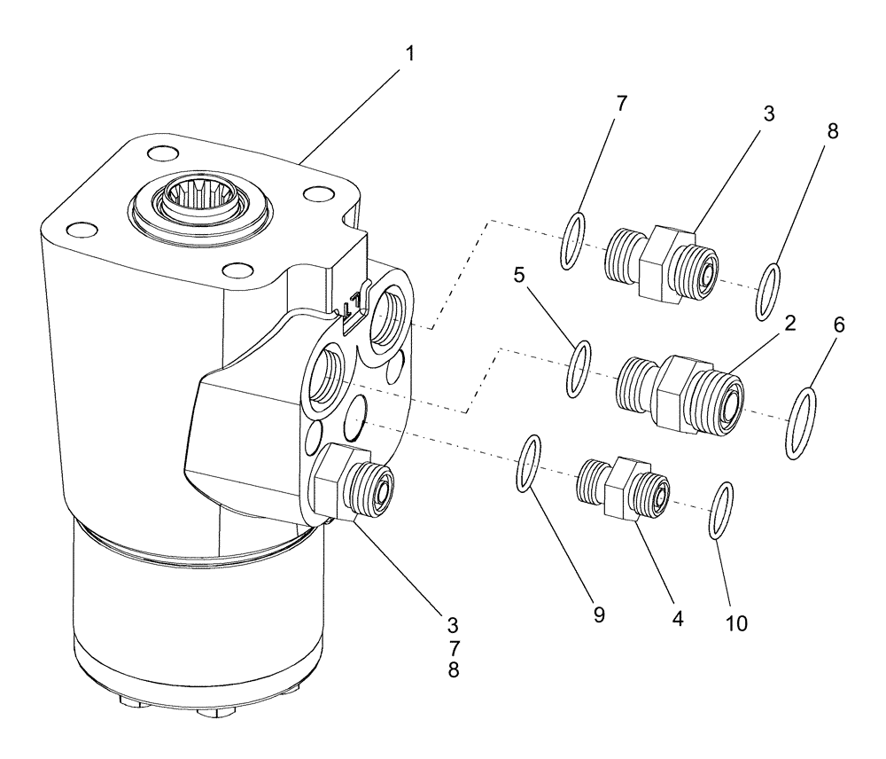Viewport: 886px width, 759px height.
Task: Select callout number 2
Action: tap(789, 324)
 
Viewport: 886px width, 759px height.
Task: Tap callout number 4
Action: tap(678, 618)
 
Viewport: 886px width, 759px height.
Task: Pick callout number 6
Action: tap(837, 325)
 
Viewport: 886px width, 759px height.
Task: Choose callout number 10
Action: tap(735, 622)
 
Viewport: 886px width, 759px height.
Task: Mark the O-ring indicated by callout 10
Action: tap(722, 510)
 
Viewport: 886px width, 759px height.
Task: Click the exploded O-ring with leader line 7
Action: tap(571, 240)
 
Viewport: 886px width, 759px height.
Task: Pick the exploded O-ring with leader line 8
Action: tap(768, 291)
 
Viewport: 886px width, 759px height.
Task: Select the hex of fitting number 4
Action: tap(620, 485)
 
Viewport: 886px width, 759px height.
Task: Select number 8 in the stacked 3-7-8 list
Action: tap(454, 670)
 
